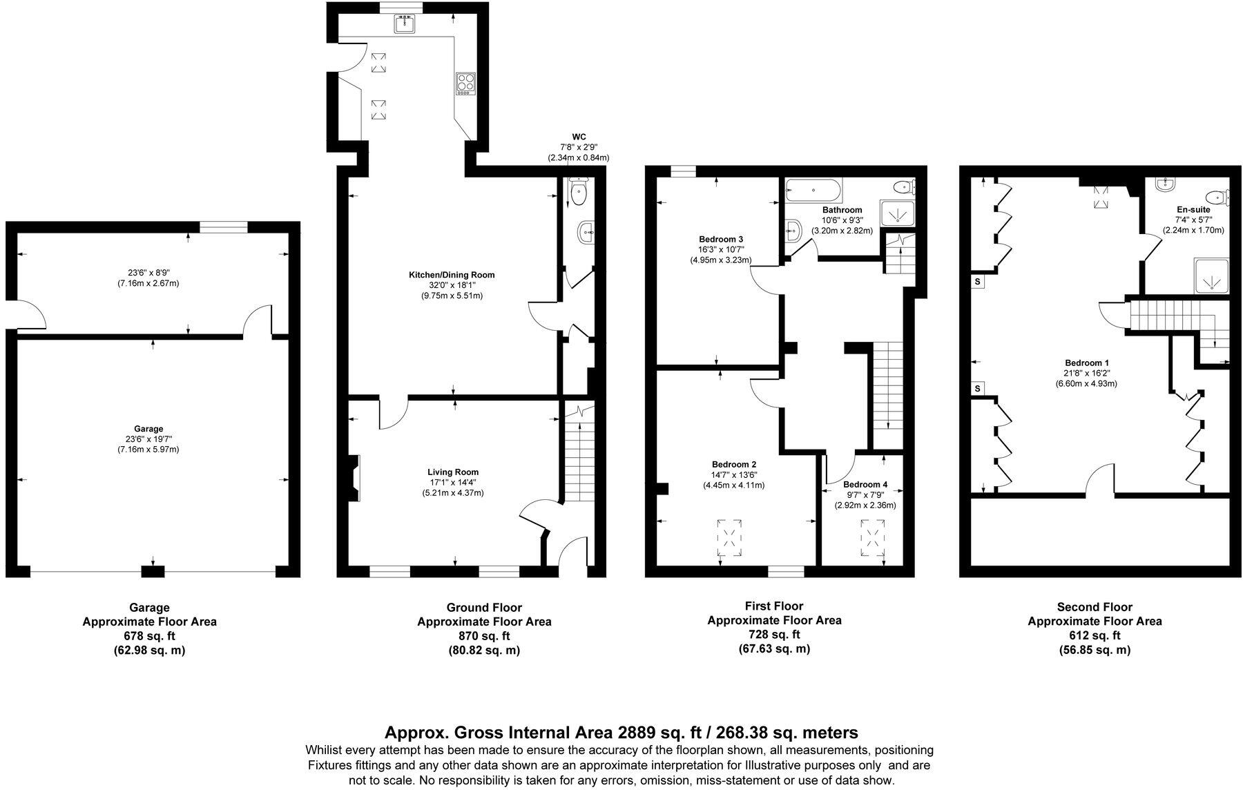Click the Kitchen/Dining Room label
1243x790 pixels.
click(x=452, y=275)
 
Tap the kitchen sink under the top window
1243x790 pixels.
click(x=404, y=24)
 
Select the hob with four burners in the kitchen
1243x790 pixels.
click(x=465, y=84)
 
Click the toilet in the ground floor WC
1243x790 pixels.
click(x=577, y=191)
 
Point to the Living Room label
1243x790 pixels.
click(x=452, y=472)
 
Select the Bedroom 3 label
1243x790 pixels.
click(x=721, y=240)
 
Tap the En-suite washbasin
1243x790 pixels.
click(x=1166, y=184)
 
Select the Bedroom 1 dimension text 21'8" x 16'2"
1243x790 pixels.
click(x=1086, y=374)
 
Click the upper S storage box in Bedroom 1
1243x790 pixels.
click(x=978, y=282)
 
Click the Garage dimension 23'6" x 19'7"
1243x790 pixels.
click(x=149, y=439)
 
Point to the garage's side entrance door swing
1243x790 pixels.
click(x=29, y=314)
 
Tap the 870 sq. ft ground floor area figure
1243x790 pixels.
click(x=484, y=636)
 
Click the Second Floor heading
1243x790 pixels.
click(x=1095, y=607)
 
